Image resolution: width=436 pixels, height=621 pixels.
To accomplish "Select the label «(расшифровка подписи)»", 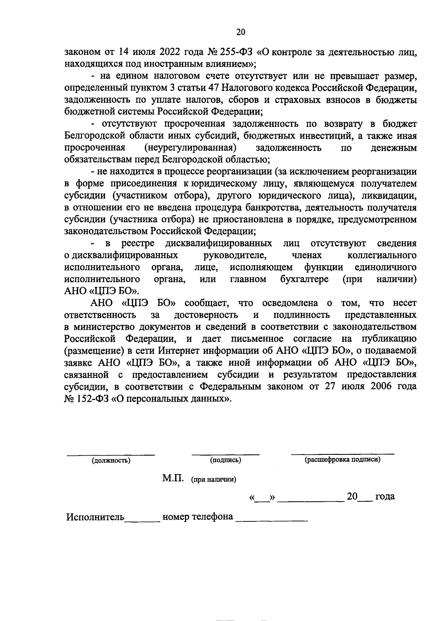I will tap(342, 460).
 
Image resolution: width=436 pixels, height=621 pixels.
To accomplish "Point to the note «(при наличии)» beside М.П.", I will tap(214, 480).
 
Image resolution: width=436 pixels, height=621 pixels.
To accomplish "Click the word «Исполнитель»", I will tap(95, 517).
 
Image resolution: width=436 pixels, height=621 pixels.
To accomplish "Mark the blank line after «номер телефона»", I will tap(272, 520).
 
